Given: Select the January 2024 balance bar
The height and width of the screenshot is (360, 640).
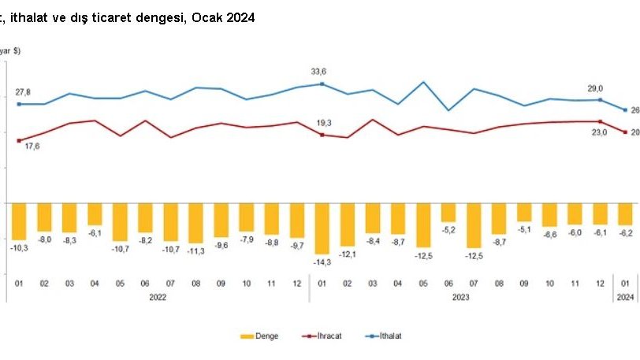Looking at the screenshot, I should [625, 213].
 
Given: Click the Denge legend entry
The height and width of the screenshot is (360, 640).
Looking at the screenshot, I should [259, 336].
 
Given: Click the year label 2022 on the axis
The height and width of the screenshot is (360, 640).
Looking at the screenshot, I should [158, 297].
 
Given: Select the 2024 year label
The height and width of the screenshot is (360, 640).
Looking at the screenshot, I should [625, 297].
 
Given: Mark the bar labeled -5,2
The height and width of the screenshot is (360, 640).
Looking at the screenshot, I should [448, 212].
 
